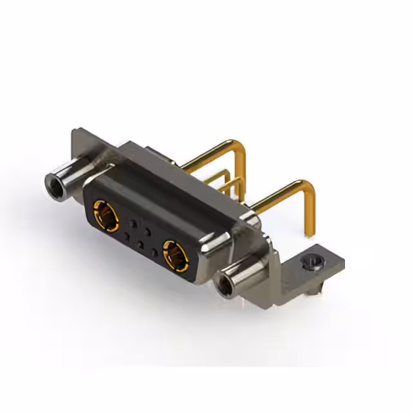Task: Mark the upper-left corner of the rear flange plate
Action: (x=72, y=133)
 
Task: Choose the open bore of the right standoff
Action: (x=225, y=285)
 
